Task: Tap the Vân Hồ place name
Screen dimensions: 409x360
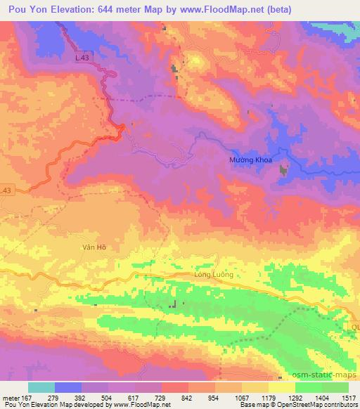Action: point(93,247)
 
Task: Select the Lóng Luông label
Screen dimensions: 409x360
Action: point(213,274)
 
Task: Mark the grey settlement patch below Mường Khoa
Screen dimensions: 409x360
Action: point(284,170)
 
